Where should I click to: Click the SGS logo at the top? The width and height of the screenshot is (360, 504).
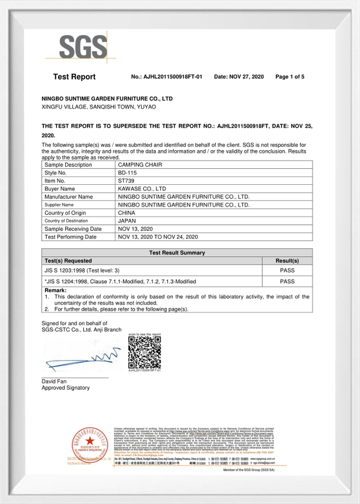(76, 46)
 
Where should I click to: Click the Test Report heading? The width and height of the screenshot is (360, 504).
(74, 77)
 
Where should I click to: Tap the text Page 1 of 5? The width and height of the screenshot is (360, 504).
(289, 77)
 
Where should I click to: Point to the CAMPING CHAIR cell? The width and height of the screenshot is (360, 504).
(139, 165)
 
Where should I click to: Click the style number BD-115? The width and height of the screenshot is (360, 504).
(128, 172)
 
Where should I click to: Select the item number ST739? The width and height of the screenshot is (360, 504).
(127, 180)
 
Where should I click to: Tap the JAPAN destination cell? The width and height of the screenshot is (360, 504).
(127, 221)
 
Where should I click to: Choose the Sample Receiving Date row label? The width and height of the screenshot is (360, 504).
(73, 228)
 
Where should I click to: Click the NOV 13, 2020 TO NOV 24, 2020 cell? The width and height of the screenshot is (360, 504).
(158, 237)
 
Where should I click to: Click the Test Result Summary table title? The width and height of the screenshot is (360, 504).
(177, 253)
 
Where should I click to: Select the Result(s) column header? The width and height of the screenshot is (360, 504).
(287, 261)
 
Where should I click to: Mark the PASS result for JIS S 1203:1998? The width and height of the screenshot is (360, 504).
(287, 270)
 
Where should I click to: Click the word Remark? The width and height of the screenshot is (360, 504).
(55, 290)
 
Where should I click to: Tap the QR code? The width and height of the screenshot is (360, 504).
(144, 352)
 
